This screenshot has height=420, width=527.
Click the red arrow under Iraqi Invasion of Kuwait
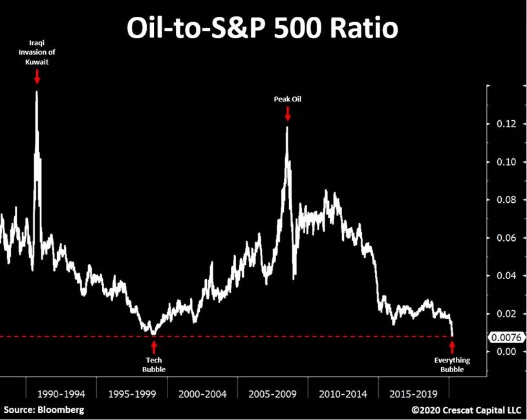(38, 76)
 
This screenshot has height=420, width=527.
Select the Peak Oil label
(287, 99)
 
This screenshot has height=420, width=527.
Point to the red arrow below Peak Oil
(287, 114)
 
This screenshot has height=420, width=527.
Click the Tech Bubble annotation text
(154, 365)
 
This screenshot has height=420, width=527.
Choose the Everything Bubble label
(452, 365)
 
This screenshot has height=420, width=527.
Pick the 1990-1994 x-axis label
(61, 393)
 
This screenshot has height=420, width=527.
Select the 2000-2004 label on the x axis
(202, 393)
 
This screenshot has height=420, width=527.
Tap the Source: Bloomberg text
(44, 410)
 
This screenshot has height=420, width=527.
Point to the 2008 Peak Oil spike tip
(286, 127)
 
